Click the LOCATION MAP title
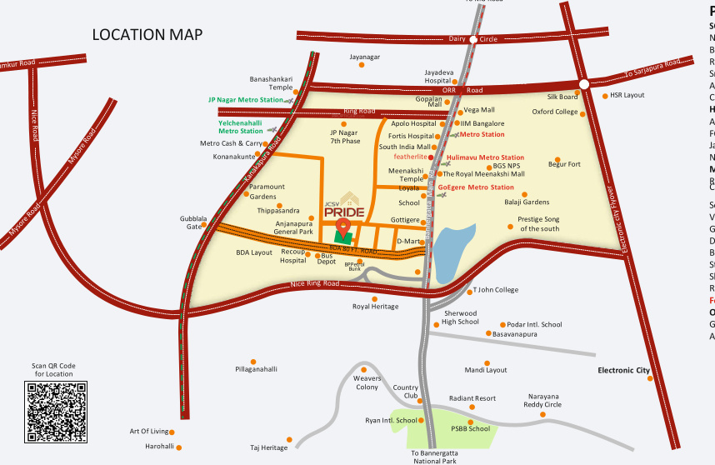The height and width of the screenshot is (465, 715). (147, 35)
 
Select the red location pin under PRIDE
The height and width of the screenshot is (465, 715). (342, 227)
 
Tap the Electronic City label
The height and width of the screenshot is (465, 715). (623, 370)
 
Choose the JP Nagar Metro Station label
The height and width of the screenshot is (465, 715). (245, 100)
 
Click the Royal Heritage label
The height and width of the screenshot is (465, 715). (375, 307)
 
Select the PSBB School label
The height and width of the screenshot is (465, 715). (470, 428)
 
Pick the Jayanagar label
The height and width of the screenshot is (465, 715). (363, 57)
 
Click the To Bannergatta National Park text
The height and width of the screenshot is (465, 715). (433, 457)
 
